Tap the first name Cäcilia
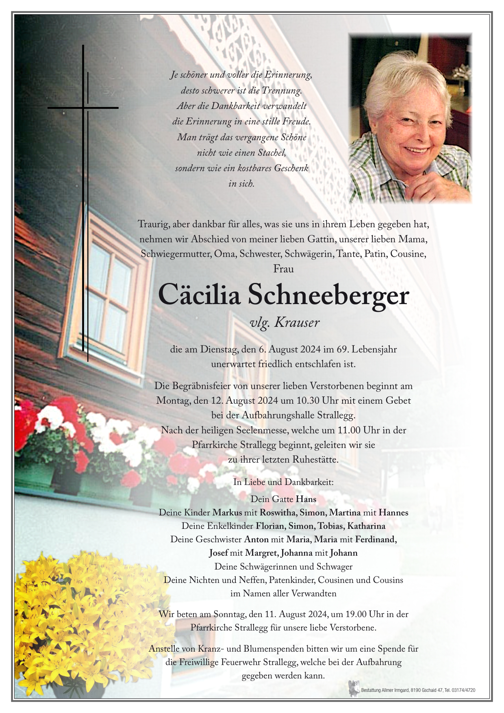[199, 296]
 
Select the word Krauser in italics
[297, 323]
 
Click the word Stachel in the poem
[272, 153]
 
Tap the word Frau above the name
[283, 269]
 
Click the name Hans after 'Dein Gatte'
[306, 499]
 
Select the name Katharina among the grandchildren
[366, 526]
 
